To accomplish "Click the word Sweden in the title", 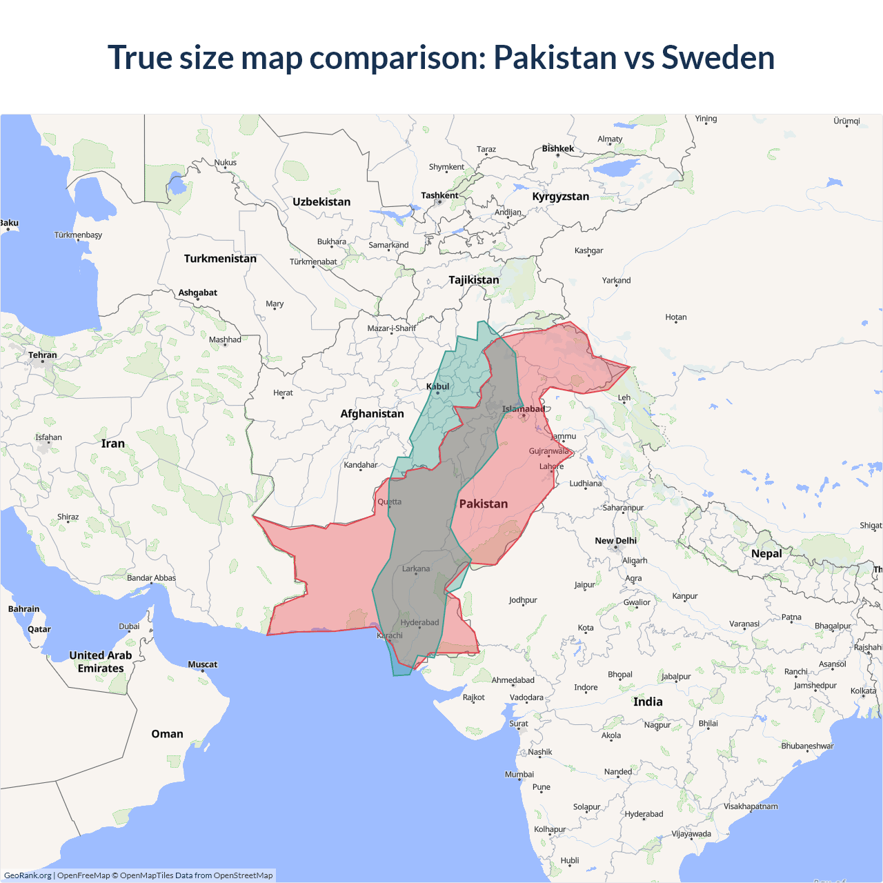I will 717,57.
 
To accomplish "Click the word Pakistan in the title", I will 555,57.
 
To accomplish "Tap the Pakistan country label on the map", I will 483,504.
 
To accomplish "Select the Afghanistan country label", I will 372,413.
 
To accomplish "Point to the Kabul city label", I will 437,386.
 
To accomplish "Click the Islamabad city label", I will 523,409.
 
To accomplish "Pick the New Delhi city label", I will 615,541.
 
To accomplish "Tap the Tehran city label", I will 43,355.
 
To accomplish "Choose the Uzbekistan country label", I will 321,201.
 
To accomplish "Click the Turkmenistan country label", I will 220,258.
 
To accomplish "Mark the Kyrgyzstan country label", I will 560,196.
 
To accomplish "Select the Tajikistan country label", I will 473,279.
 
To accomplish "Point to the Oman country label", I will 167,733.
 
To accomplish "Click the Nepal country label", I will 766,553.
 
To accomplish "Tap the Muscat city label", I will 202,664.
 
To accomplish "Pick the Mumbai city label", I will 519,774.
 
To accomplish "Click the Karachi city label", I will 390,635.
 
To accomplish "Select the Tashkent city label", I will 439,195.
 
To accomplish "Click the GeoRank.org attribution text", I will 28,875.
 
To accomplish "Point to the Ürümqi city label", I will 846,121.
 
